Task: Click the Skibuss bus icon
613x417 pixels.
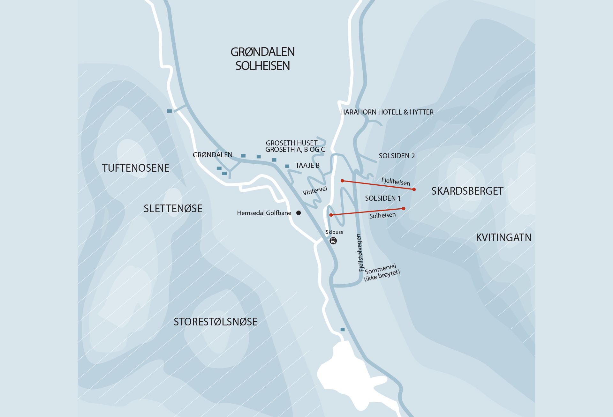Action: [x=333, y=241]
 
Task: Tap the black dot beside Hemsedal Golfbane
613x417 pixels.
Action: [x=299, y=213]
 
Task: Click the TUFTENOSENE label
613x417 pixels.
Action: [x=135, y=168]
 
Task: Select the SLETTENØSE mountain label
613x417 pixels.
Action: [x=173, y=209]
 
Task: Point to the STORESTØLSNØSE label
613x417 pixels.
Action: [x=216, y=322]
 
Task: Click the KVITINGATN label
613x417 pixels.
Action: [x=503, y=238]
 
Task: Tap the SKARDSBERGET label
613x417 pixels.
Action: [x=467, y=191]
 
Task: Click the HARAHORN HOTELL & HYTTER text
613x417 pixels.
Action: [x=387, y=112]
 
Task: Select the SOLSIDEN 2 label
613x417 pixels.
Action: [x=397, y=156]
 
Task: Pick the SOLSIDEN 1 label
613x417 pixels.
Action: [x=382, y=198]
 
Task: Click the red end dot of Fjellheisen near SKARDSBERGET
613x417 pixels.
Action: [x=414, y=190]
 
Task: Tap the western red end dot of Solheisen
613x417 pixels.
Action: [x=331, y=215]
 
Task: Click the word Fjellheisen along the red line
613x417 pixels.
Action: [x=396, y=182]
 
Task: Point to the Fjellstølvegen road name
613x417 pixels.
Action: [x=360, y=253]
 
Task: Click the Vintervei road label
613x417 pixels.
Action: [x=315, y=191]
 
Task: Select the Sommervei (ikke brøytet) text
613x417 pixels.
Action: [x=382, y=273]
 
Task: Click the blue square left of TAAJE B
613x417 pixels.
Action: [x=287, y=166]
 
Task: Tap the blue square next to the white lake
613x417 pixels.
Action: [x=343, y=329]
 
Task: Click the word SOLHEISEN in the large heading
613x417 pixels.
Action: [x=262, y=66]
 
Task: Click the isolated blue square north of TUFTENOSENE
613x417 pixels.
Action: [x=169, y=111]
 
